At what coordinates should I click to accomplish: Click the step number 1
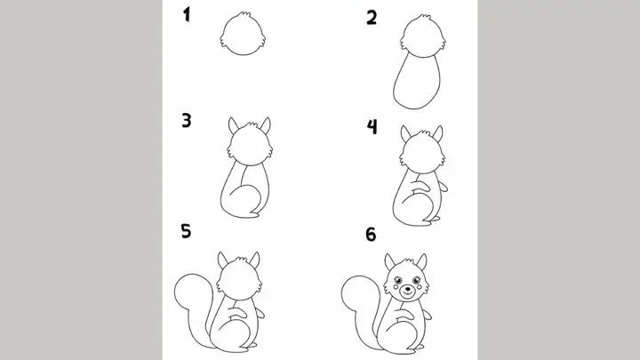(188, 14)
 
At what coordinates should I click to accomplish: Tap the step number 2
(372, 16)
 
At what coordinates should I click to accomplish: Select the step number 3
(188, 120)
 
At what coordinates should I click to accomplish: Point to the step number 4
(372, 127)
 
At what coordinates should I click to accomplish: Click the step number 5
(186, 232)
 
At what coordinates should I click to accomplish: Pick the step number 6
(371, 235)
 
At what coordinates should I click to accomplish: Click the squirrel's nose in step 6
(407, 289)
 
